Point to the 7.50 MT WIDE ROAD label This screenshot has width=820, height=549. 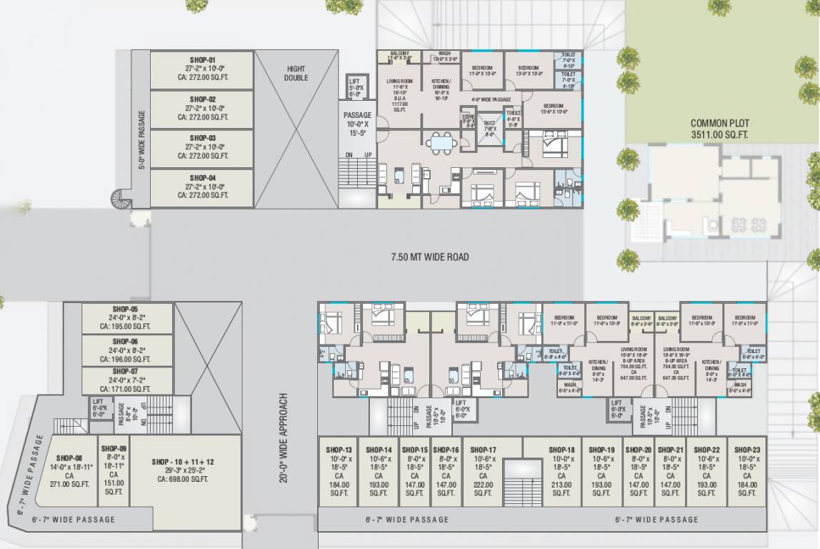(429, 257)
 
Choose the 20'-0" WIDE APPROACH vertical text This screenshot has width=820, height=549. (284, 437)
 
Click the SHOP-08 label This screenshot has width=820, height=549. (69, 457)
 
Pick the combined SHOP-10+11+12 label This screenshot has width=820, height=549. (183, 462)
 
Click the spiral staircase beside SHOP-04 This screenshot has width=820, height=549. (121, 199)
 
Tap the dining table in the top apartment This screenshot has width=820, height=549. (443, 143)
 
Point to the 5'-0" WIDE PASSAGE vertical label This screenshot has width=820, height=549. (141, 140)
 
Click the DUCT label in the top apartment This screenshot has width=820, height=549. (489, 124)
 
